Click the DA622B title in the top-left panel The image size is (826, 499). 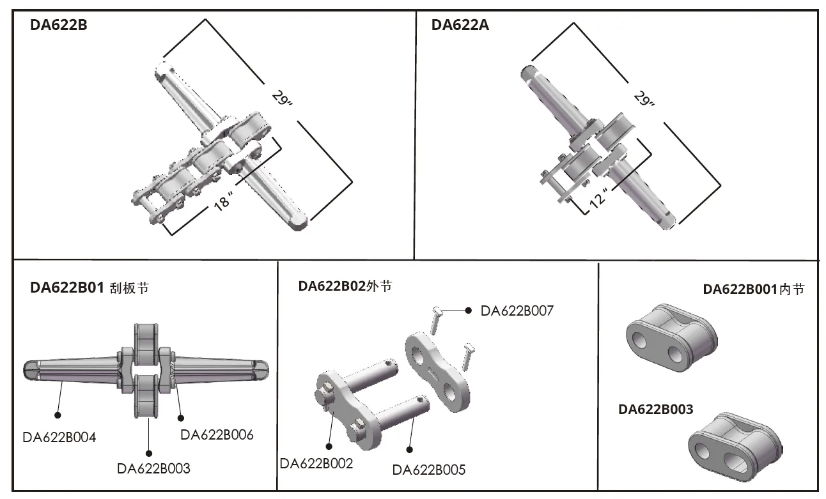click(59, 26)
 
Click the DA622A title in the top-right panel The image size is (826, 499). click(460, 26)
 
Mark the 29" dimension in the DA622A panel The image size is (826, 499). click(644, 100)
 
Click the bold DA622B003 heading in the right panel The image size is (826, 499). click(655, 409)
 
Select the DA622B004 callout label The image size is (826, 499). click(59, 438)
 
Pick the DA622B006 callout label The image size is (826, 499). click(217, 435)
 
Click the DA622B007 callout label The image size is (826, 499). click(517, 311)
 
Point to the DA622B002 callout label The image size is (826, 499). click(316, 463)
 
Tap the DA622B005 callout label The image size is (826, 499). click(429, 470)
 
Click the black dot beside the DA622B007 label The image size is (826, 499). click(469, 310)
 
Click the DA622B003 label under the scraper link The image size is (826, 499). click(153, 468)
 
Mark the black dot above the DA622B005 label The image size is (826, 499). click(410, 449)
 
